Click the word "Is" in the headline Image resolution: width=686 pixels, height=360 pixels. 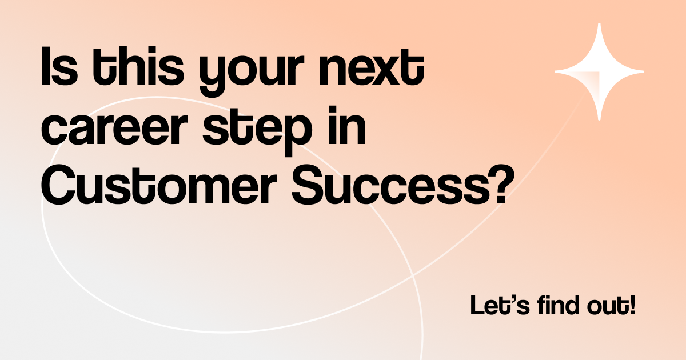coord(59,66)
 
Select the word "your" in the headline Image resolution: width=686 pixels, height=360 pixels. coord(252,72)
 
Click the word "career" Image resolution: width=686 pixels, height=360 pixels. coord(114,129)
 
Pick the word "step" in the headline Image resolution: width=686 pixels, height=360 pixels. coord(257,131)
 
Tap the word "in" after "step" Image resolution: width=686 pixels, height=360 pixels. coord(346,126)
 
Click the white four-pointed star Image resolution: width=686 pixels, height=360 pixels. coord(599,71)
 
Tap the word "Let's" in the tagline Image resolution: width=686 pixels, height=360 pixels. coord(500,305)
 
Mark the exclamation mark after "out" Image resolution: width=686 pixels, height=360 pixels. coord(633,305)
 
